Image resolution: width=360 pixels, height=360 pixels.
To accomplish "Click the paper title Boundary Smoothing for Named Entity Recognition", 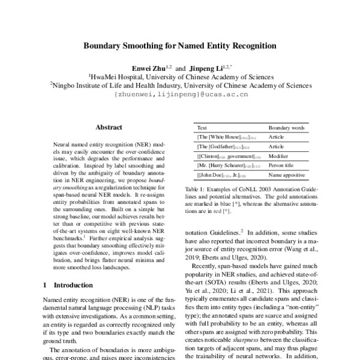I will (179, 45).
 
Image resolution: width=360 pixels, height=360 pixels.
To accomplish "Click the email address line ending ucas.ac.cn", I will (179, 94).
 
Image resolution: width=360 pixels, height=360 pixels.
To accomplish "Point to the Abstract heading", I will (109, 127).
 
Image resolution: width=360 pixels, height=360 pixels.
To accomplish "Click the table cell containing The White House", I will (222, 137).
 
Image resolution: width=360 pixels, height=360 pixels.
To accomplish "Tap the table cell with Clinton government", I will (226, 155).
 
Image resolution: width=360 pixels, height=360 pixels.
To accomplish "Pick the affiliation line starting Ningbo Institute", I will (179, 85).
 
